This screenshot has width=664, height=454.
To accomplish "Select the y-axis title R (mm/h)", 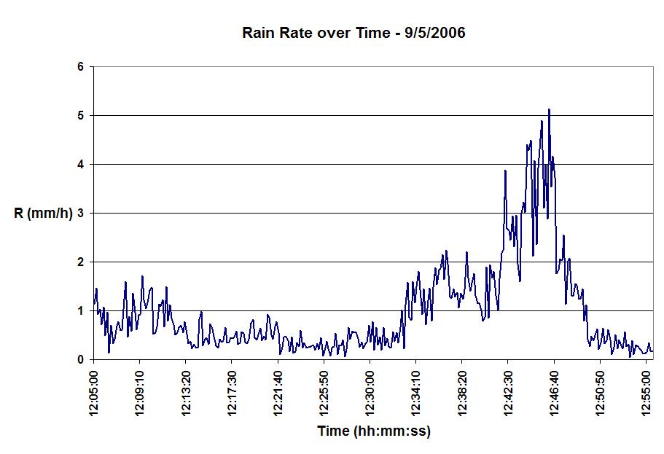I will click(x=43, y=214).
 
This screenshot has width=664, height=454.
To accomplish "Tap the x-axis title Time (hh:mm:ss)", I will click(x=374, y=431).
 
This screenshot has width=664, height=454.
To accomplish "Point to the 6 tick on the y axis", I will click(x=81, y=67).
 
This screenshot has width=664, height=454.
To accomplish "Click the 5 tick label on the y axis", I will click(x=81, y=116).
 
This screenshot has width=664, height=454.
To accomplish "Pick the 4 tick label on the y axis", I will click(x=81, y=165).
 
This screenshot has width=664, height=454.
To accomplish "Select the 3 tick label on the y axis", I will click(x=81, y=214).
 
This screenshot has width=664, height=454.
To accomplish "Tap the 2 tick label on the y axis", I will click(x=81, y=262).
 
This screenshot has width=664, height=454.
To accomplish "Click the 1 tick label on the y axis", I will click(x=81, y=311).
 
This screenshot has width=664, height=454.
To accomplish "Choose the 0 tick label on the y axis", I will click(x=81, y=360).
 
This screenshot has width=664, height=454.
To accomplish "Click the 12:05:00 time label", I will click(x=94, y=394).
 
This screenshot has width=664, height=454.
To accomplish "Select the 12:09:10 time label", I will click(x=140, y=394).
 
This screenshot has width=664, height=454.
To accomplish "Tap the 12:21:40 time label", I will click(x=278, y=394).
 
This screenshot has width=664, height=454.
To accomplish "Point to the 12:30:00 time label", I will click(x=370, y=394).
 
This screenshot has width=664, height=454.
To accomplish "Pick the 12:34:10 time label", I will click(x=416, y=394).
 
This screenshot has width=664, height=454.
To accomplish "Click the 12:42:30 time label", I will click(x=508, y=394).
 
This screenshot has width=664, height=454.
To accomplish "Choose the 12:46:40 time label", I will click(x=554, y=394).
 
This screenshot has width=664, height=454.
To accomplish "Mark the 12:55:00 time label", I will click(x=647, y=394).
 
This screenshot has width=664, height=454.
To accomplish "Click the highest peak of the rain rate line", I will click(x=549, y=110).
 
